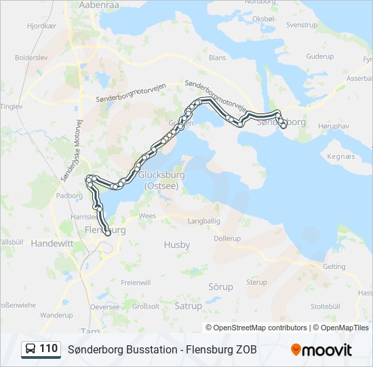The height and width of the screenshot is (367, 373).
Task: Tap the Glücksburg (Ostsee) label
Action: pyautogui.click(x=158, y=181)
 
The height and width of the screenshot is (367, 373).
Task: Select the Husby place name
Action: pyautogui.click(x=176, y=244)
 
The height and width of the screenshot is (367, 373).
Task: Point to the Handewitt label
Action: pyautogui.click(x=52, y=243)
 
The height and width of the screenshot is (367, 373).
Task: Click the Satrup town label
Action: pyautogui.click(x=188, y=307)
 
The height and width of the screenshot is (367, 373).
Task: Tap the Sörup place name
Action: pyautogui.click(x=220, y=287)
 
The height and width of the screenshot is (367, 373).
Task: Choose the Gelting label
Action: pyautogui.click(x=334, y=267)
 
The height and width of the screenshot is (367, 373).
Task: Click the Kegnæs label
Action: pyautogui.click(x=340, y=156)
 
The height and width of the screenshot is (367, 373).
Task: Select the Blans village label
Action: pyautogui.click(x=217, y=58)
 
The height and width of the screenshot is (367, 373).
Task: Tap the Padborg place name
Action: pyautogui.click(x=68, y=195)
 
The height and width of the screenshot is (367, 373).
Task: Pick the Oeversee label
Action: pyautogui.click(x=104, y=307)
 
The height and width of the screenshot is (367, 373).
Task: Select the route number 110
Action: pyautogui.click(x=48, y=349)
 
